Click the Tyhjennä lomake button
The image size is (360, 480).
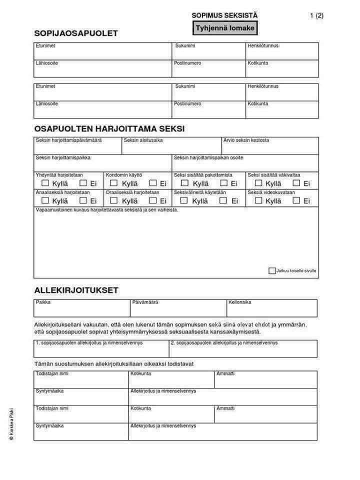(x=224, y=28)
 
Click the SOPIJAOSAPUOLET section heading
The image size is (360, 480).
(x=76, y=33)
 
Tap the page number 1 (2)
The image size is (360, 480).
(x=316, y=15)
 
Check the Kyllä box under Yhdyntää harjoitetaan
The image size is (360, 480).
(x=45, y=183)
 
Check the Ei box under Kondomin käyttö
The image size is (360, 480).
(x=153, y=183)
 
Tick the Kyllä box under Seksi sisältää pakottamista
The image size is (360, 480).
(x=184, y=183)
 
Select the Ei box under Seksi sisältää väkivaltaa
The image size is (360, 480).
(x=296, y=183)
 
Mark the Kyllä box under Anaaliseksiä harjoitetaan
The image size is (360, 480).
(x=45, y=200)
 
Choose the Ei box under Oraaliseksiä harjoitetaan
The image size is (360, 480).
(x=153, y=200)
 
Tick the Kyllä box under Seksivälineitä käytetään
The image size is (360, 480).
(x=184, y=200)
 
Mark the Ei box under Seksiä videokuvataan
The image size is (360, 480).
(x=296, y=200)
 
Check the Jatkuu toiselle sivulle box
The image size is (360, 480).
(x=272, y=271)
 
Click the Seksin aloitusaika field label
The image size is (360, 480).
(x=143, y=140)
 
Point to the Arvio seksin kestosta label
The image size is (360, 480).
(x=246, y=140)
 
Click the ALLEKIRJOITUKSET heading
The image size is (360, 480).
(x=76, y=290)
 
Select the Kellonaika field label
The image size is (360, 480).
(x=240, y=302)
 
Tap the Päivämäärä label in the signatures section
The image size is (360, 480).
(x=145, y=302)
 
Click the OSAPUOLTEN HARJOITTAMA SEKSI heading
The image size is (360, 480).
(x=109, y=128)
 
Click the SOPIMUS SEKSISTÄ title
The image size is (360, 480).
(x=224, y=15)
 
